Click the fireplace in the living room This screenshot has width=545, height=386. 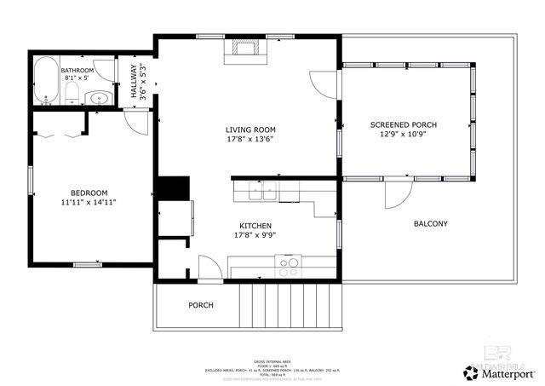point(246,51)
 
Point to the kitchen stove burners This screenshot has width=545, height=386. point(290,264)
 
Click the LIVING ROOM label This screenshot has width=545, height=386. point(251,130)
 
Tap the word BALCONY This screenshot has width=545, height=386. point(430,224)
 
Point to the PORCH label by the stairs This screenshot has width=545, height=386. point(201,305)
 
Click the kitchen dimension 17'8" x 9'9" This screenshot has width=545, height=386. point(256,235)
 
